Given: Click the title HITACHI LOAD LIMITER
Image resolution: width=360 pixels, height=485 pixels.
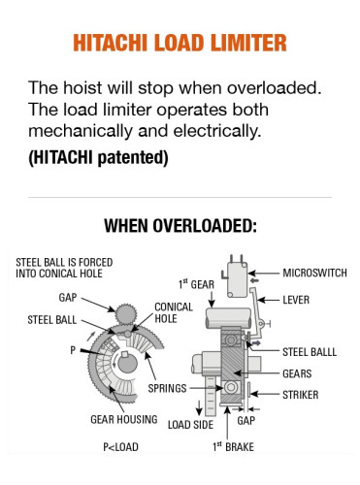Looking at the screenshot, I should click(x=180, y=44).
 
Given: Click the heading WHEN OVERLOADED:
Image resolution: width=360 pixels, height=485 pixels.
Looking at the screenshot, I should click(x=180, y=227).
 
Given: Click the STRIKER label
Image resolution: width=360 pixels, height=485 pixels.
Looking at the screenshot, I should click(x=300, y=395).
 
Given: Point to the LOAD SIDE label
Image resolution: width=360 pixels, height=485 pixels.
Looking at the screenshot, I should click(x=190, y=423).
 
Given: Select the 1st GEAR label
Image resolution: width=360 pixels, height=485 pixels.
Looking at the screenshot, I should click(x=196, y=283).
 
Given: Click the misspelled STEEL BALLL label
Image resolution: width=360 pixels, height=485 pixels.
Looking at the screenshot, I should click(x=310, y=351).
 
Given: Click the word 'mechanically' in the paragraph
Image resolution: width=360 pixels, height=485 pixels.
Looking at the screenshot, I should click(x=78, y=132).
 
